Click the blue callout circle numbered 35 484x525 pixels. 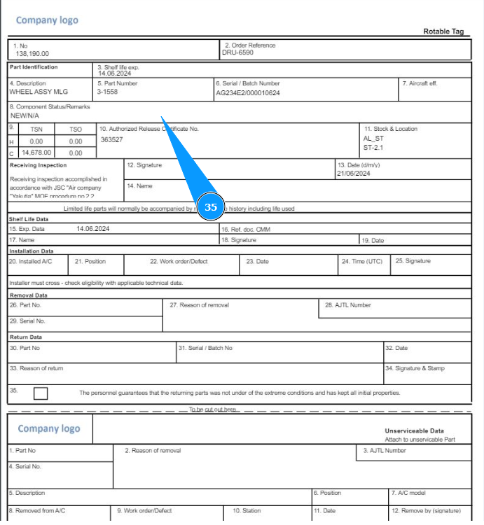[211, 207]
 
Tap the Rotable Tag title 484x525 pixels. [444, 31]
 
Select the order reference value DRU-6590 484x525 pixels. [238, 52]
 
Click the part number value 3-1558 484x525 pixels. [107, 92]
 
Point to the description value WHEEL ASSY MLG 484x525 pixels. [39, 92]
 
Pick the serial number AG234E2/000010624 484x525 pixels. [247, 92]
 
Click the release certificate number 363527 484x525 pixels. [111, 139]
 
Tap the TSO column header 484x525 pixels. [75, 129]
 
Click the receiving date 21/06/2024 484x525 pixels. [353, 174]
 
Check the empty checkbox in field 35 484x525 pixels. [41, 393]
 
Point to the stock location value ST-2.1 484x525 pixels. [373, 148]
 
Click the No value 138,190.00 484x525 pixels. [30, 53]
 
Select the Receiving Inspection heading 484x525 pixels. [39, 165]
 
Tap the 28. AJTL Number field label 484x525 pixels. [348, 305]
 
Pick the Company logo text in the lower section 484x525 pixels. [49, 428]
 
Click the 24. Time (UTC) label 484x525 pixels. [362, 261]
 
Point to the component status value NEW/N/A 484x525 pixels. [25, 115]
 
